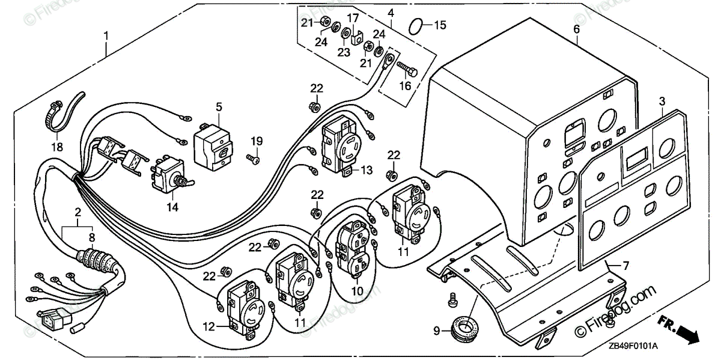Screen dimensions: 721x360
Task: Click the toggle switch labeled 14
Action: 171,175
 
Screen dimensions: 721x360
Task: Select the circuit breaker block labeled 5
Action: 213,147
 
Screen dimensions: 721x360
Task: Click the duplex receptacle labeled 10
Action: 356,249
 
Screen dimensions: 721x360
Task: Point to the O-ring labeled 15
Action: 416,26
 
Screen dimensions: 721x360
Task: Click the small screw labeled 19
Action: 253,159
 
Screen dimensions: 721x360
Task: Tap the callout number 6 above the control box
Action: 576,29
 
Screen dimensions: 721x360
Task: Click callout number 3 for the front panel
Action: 662,102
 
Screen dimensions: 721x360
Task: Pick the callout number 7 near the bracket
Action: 625,266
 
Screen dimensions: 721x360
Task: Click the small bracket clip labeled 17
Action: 356,39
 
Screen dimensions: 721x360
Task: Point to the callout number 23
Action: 344,52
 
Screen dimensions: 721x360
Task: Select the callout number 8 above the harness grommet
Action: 92,237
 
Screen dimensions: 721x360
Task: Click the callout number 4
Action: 391,13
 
